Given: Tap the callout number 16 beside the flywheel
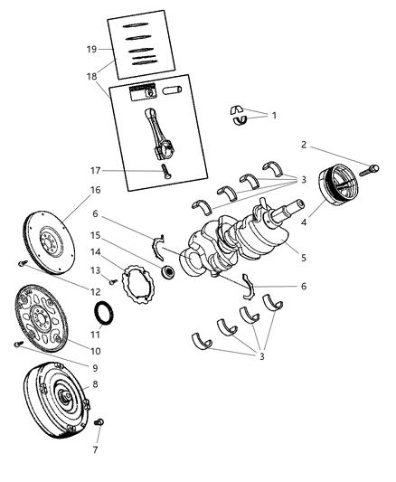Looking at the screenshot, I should click(94, 191).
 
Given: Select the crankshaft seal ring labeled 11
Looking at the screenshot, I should click(106, 314).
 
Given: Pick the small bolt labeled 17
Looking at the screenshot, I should click(165, 171).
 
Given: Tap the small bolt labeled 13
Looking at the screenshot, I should click(112, 283).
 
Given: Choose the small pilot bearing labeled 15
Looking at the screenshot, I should click(167, 271).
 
